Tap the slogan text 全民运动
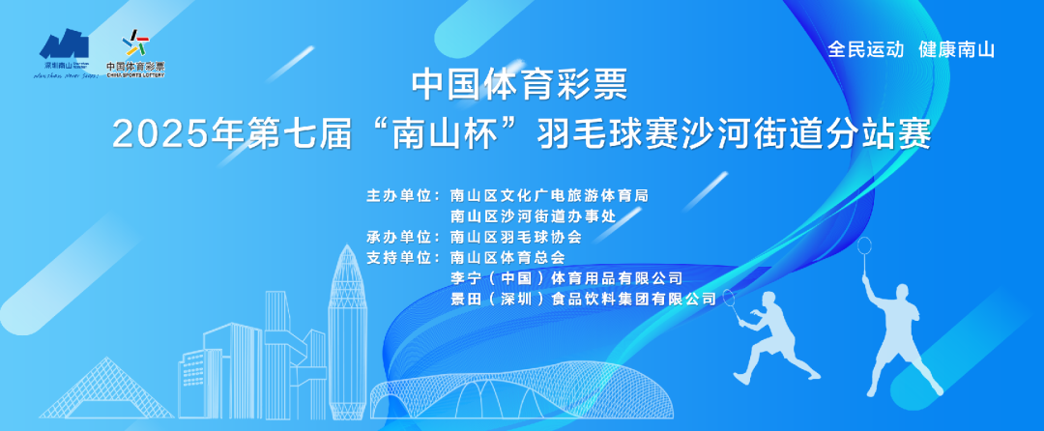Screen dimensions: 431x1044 coord(865,49)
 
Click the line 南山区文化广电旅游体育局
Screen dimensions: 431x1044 coord(549,195)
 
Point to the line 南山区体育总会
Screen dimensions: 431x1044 coord(507,258)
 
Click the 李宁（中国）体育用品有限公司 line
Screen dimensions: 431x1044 coord(566,278)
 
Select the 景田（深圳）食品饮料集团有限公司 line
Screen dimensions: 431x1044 coord(584,300)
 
